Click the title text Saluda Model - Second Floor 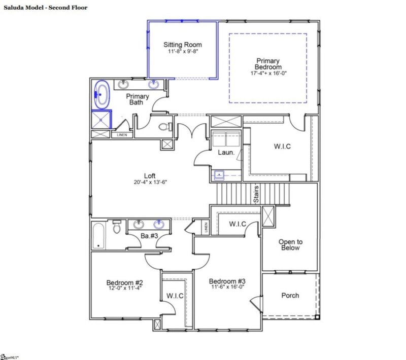pos(46,8)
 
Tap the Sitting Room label pos(183,45)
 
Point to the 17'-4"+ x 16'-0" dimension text pos(268,73)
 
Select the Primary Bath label pos(138,99)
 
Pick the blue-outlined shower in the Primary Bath pos(101,120)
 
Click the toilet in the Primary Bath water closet pos(164,127)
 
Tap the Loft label pos(149,176)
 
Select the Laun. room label pos(226,152)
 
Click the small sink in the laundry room pos(219,175)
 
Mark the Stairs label pos(257,194)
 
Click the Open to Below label pos(289,245)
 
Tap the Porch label pos(290,295)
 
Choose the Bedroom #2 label pos(124,282)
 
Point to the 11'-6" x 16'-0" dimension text pos(227,286)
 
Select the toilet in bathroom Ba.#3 pos(117,229)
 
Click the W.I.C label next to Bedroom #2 pos(175,296)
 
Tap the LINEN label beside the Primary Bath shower pos(122,135)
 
